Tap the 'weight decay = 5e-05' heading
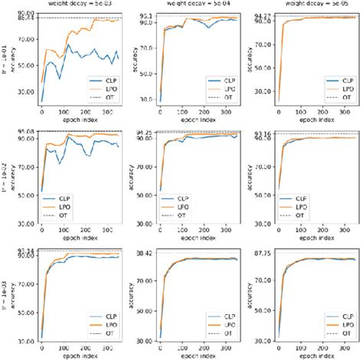[x=316, y=5]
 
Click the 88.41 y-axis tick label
[x=22, y=19]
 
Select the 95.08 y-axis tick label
[x=22, y=133]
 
